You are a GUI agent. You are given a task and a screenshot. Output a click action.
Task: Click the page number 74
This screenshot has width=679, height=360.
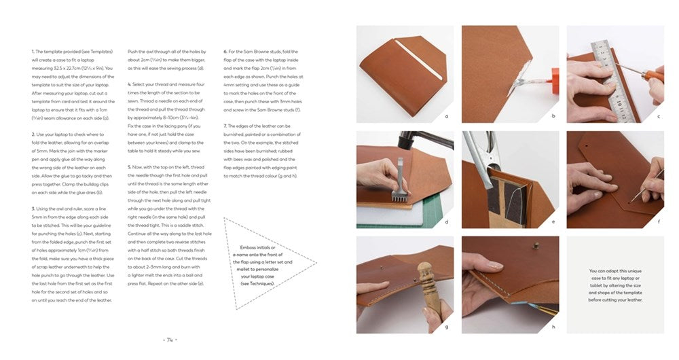170,340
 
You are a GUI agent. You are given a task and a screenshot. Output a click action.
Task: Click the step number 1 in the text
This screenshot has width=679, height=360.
33,52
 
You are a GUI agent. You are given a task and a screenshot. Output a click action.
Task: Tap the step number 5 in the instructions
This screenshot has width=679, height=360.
129,167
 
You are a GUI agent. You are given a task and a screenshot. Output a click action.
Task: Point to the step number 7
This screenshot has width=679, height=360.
225,126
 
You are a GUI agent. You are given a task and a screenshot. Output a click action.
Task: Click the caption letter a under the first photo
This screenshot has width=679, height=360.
446,116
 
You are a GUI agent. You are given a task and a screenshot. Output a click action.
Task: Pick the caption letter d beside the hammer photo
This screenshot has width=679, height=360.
446,221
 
